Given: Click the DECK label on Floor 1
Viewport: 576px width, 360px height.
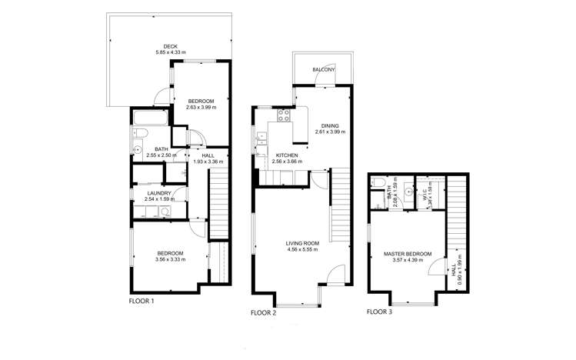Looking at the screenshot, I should tap(171, 46).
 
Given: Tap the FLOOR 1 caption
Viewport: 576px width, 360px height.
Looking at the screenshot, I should tap(142, 301).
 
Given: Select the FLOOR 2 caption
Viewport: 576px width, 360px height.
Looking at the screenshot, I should tap(264, 313).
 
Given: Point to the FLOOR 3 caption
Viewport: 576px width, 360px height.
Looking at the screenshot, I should tap(379, 312).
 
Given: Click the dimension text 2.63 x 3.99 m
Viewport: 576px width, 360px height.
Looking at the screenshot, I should tap(201, 108).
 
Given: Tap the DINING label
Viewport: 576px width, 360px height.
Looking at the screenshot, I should tap(330, 125).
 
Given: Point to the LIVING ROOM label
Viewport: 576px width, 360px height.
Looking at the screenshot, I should tap(302, 243).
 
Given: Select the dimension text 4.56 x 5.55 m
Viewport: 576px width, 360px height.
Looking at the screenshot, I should tap(302, 250).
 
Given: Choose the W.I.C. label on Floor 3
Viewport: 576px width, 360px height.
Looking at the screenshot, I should tap(424, 197).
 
